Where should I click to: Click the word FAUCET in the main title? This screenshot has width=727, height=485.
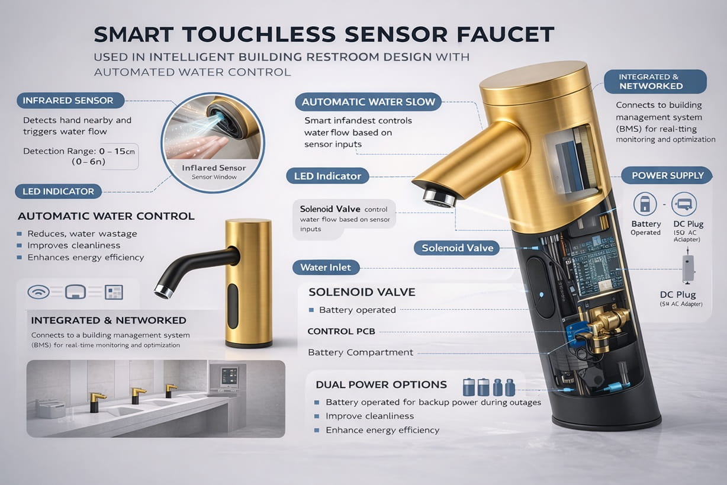[508, 34]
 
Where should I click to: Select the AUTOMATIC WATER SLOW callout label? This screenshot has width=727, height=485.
[368, 102]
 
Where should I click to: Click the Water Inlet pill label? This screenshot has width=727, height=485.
[326, 267]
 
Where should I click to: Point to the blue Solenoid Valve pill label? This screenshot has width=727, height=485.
[458, 248]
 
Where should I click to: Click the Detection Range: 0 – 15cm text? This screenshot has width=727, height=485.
[79, 151]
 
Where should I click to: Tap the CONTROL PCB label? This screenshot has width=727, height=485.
[341, 332]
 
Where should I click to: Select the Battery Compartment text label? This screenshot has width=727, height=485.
[361, 352]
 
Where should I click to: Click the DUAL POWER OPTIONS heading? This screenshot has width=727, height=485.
[381, 384]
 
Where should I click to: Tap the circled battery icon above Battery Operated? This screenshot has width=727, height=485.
[645, 204]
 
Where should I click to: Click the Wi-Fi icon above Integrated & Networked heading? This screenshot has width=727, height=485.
[38, 292]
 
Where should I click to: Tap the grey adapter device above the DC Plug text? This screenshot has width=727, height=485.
[689, 268]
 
